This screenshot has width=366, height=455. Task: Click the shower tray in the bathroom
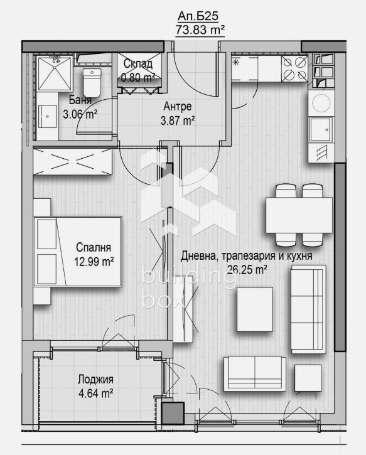coord(55,74)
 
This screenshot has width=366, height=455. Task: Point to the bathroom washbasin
coord(48,117)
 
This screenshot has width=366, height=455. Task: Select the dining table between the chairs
coord(298,215)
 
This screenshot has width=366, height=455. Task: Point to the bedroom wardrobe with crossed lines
coord(72,162)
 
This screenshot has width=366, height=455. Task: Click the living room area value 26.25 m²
coord(246,269)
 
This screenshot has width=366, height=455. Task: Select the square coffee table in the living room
coord(254,309)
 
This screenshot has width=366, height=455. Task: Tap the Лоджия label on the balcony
coord(95,380)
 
